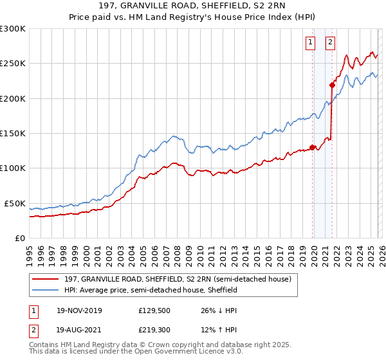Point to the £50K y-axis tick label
point(14,203)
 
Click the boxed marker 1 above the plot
point(310,42)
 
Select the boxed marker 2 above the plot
point(330,42)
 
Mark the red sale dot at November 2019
point(313,147)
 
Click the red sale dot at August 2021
point(333,85)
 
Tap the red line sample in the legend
point(46,280)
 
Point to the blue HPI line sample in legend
point(46,291)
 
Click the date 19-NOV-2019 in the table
point(79,310)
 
